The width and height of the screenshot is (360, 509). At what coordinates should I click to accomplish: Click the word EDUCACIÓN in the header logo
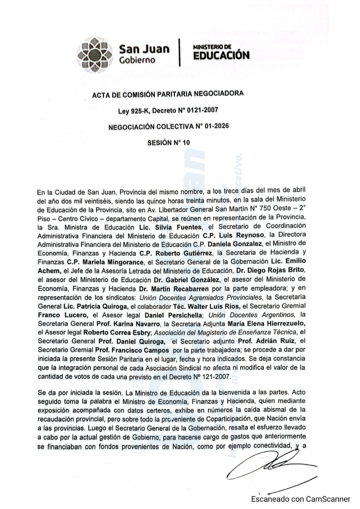pos(222,55)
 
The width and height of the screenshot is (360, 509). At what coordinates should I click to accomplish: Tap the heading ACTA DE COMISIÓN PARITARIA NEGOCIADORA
pos(168,94)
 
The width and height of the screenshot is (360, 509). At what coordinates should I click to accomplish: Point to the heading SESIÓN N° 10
pos(168,143)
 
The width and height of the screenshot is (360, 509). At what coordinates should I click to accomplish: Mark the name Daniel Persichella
pos(173,315)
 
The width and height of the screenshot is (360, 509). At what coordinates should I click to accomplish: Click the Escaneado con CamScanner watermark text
pos(300,499)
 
